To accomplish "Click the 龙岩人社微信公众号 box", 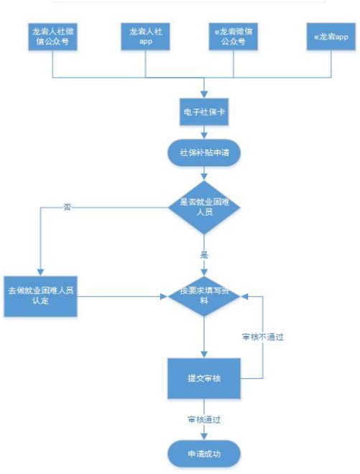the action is [x=53, y=37].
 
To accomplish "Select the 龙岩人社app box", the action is [x=146, y=37].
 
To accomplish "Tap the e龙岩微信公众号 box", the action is [x=234, y=37].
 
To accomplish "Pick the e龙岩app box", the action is [x=331, y=37].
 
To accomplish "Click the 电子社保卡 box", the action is [x=204, y=112].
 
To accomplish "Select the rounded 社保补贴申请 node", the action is [x=204, y=152].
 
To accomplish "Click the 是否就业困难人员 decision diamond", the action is [x=204, y=207].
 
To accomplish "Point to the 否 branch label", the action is [x=68, y=207].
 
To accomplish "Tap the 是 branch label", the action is [x=204, y=255].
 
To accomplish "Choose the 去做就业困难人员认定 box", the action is [x=40, y=296].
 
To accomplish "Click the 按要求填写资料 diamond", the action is [x=204, y=296].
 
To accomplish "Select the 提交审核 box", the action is [x=204, y=378].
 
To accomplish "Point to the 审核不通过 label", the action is [x=263, y=337].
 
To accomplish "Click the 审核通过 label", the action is [x=204, y=419].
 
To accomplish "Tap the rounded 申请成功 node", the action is [x=204, y=454].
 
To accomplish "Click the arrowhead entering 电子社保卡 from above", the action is [x=204, y=94].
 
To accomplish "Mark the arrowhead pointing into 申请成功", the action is [x=204, y=437].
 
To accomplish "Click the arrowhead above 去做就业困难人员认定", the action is [x=40, y=273].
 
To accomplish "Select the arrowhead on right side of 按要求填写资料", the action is [x=244, y=296].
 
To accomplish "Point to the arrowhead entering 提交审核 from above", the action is [x=204, y=355].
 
